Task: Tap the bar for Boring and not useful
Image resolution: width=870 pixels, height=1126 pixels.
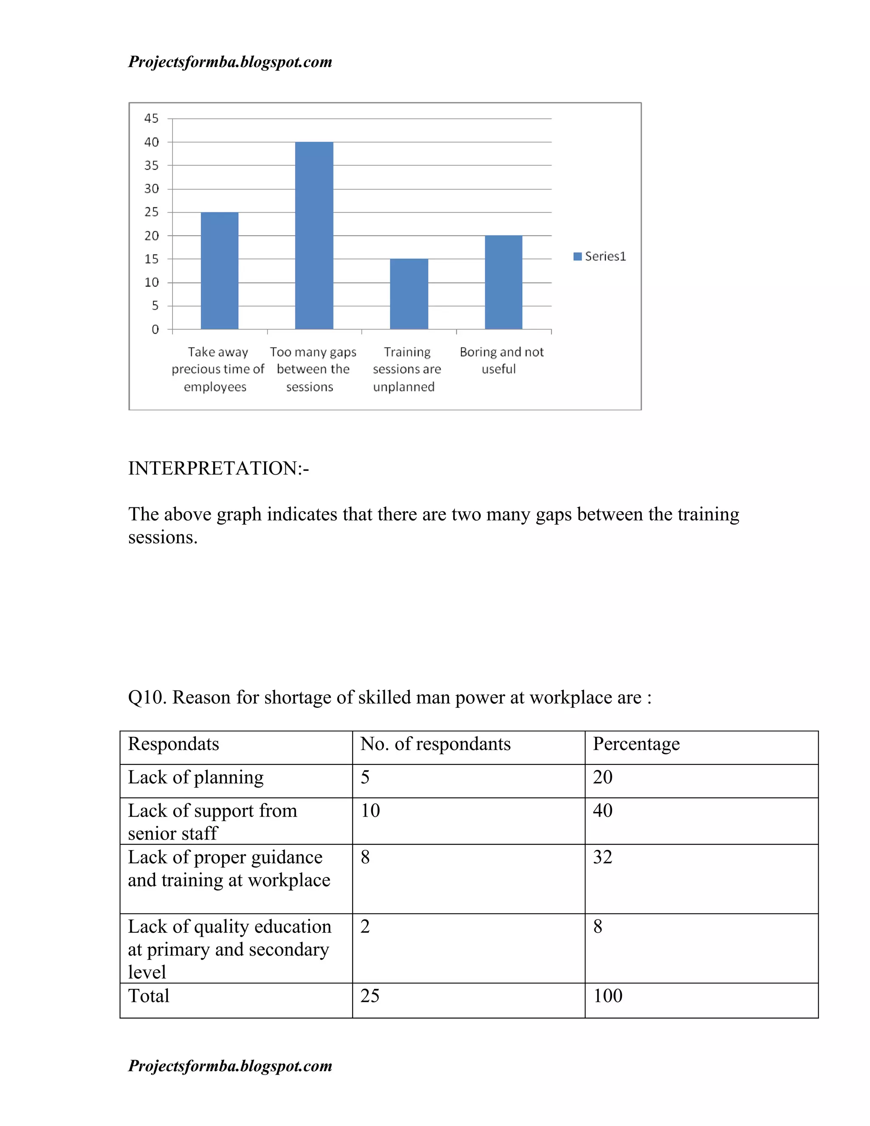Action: [x=503, y=282]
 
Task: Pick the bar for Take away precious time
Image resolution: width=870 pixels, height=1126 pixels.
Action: [x=220, y=270]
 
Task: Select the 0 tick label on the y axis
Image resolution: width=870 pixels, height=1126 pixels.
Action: [x=155, y=329]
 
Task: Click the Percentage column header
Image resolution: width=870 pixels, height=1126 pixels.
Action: [x=636, y=744]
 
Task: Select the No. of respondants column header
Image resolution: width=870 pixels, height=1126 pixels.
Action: [x=435, y=744]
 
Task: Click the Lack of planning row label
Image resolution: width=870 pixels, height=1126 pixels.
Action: [x=195, y=778]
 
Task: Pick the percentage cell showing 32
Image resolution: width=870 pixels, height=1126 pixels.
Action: [x=602, y=857]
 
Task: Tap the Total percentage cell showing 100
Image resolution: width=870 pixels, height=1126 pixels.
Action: [x=607, y=996]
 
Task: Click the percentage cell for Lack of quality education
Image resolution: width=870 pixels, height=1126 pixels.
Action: [x=597, y=926]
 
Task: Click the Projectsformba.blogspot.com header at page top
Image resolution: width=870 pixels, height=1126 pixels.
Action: [x=230, y=62]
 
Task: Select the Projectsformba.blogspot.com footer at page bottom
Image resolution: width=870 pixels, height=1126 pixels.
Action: [x=230, y=1065]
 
